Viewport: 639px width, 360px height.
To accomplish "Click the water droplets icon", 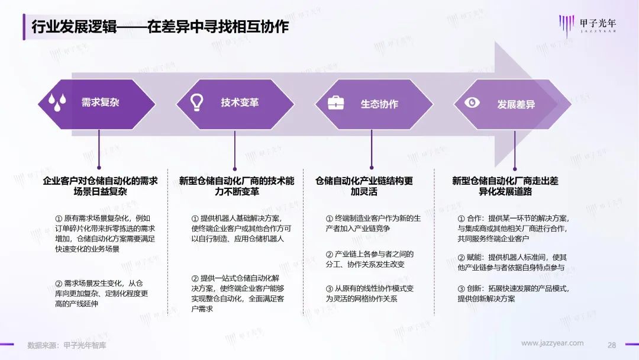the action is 57,102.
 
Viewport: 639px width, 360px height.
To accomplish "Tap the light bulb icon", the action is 197,102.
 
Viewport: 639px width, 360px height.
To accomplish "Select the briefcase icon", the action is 336,103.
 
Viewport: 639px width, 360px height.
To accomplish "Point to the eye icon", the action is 472,102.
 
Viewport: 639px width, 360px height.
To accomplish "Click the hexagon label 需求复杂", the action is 100,102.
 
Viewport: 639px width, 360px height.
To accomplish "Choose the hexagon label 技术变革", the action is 240,102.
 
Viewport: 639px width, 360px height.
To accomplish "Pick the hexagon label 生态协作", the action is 379,104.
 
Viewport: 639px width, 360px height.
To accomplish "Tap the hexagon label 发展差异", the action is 516,104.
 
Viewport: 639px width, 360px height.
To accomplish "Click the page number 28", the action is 612,345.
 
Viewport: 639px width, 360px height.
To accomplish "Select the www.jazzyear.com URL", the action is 552,343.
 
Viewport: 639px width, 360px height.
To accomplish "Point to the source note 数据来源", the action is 66,345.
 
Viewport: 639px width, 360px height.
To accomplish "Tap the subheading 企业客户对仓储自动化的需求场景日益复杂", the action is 100,186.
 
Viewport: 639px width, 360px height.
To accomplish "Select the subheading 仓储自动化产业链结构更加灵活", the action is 364,186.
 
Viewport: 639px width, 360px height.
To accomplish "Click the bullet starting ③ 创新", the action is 513,294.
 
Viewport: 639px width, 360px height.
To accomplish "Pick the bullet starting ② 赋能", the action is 512,262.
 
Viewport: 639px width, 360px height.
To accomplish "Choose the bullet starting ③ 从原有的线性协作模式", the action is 369,294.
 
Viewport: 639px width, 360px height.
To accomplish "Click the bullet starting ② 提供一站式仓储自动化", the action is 238,294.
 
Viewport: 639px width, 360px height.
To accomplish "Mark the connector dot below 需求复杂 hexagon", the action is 99,168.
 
